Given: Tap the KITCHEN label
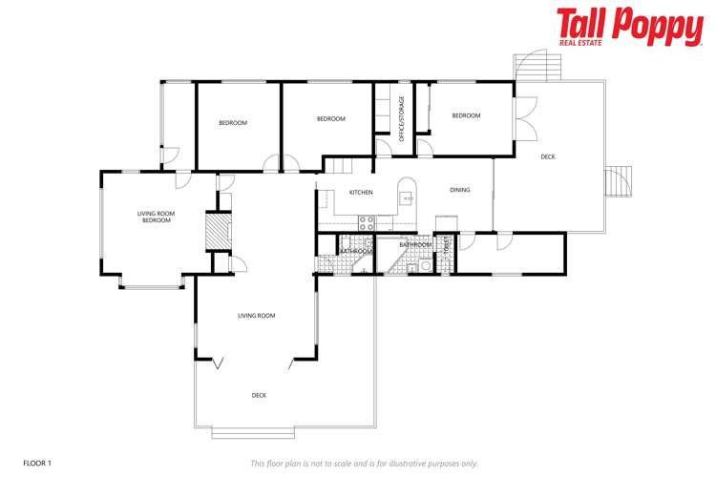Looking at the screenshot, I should point(361,193).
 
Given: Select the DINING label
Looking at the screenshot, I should point(460,190).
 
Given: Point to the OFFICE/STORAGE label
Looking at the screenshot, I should point(402,119).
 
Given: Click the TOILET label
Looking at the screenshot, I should point(446,243).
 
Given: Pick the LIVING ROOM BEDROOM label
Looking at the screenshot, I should point(157,217).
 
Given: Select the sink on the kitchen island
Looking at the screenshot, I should point(407,198).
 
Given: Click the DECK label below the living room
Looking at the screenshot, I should point(259,395).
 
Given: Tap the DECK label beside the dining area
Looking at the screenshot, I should point(547,156).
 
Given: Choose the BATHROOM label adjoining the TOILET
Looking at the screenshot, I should point(415,244).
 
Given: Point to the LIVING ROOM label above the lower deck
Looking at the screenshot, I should point(257,316).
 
